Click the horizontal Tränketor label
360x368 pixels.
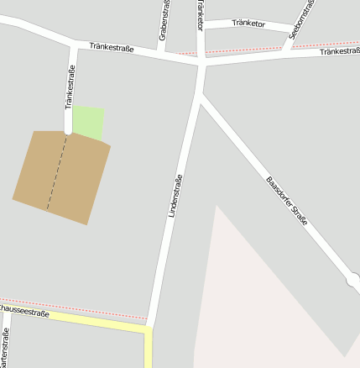point(248,24)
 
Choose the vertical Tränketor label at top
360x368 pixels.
point(200,13)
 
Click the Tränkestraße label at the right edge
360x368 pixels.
point(339,52)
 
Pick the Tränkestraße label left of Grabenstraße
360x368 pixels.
point(112,47)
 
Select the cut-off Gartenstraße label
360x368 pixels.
point(6,351)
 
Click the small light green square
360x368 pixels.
point(88,123)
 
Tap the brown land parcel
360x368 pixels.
point(62,176)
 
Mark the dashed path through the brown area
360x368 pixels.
point(56,172)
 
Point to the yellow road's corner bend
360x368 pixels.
point(149,329)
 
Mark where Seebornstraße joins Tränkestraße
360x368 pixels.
point(285,50)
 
